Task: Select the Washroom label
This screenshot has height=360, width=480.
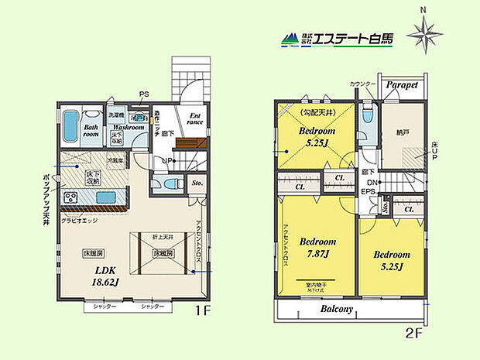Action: tap(105, 127)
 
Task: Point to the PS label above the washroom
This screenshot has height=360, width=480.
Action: tap(143, 95)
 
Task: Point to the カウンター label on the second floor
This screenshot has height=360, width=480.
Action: tap(363, 84)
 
